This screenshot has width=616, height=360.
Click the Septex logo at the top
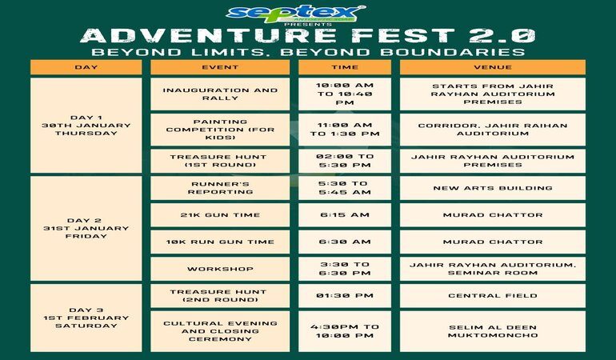pyautogui.click(x=296, y=14)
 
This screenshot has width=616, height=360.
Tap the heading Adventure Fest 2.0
pyautogui.click(x=308, y=36)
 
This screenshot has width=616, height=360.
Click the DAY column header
pyautogui.click(x=86, y=67)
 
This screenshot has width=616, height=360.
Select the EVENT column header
pyautogui.click(x=220, y=67)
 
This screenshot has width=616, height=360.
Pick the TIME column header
pyautogui.click(x=345, y=67)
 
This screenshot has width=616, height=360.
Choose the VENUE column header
pyautogui.click(x=493, y=67)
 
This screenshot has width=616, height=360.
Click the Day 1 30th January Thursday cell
pyautogui.click(x=86, y=125)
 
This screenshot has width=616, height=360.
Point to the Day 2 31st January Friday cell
pyautogui.click(x=86, y=228)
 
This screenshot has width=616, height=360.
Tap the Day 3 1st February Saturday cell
pyautogui.click(x=86, y=318)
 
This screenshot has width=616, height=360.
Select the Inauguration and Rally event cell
pyautogui.click(x=220, y=94)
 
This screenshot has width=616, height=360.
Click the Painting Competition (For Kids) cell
pyautogui.click(x=220, y=130)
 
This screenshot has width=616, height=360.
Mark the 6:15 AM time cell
pyautogui.click(x=345, y=215)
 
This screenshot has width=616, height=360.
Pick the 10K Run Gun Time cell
pyautogui.click(x=220, y=242)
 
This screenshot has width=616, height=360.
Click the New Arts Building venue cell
pyautogui.click(x=493, y=188)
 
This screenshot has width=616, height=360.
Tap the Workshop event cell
pyautogui.click(x=220, y=269)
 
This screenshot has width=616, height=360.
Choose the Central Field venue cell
pyautogui.click(x=493, y=295)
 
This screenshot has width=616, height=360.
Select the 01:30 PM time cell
pyautogui.click(x=345, y=295)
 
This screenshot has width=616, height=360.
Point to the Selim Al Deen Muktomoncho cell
pyautogui.click(x=493, y=331)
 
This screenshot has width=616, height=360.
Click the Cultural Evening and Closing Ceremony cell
pyautogui.click(x=220, y=331)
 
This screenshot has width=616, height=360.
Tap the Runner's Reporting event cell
pyautogui.click(x=220, y=188)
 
